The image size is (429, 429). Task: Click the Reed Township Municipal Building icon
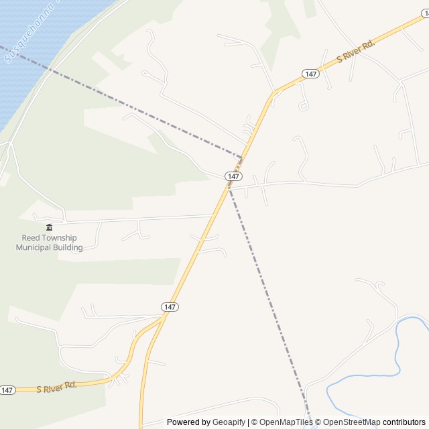[x=49, y=227]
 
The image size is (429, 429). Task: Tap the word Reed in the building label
[x=29, y=238]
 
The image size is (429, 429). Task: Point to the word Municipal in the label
[x=34, y=247]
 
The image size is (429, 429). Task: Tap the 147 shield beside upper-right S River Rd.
[x=309, y=74]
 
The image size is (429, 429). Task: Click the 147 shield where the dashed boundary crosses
[x=233, y=176]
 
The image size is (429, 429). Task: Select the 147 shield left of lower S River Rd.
[x=7, y=389]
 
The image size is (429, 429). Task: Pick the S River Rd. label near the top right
[x=355, y=51]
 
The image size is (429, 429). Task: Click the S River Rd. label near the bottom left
[x=57, y=387]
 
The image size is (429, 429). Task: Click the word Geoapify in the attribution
[x=229, y=422]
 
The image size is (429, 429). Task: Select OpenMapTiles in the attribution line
[x=286, y=422]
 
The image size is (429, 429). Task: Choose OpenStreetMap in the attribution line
[x=352, y=422]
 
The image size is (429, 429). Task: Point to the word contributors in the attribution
[x=404, y=422]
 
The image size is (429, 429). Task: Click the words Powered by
[x=188, y=422]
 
